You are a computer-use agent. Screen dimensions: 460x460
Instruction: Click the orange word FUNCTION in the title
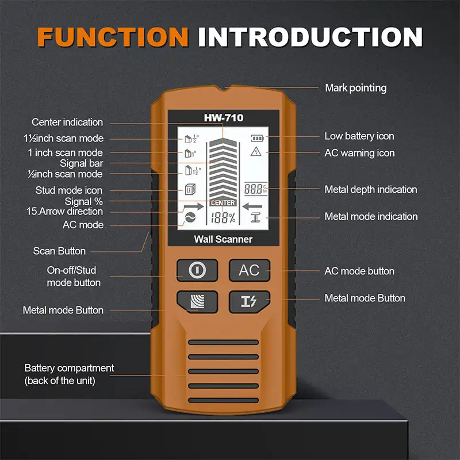tap(113, 36)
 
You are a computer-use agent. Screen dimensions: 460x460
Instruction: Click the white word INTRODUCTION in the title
tap(310, 36)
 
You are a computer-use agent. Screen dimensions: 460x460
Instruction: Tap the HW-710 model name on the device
tap(224, 118)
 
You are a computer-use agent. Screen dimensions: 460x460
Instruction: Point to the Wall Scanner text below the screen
tap(224, 239)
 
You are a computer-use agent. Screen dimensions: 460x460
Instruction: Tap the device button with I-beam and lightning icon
tap(249, 301)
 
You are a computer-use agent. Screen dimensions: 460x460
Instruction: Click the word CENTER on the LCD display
tap(223, 203)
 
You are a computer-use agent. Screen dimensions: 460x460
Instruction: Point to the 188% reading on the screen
tap(223, 218)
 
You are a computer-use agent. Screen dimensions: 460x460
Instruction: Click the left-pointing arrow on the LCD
tap(252, 205)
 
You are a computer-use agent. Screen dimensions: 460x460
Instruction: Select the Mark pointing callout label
tap(355, 88)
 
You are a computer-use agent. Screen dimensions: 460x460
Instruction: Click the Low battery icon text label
tap(359, 136)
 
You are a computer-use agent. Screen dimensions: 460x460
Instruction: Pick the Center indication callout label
tap(67, 122)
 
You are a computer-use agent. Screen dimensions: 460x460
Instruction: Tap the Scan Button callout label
tap(59, 251)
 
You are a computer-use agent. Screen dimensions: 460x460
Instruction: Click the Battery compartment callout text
tap(69, 374)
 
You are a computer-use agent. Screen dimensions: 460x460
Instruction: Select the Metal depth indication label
tap(370, 189)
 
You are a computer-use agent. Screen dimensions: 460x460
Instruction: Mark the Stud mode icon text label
tap(69, 190)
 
